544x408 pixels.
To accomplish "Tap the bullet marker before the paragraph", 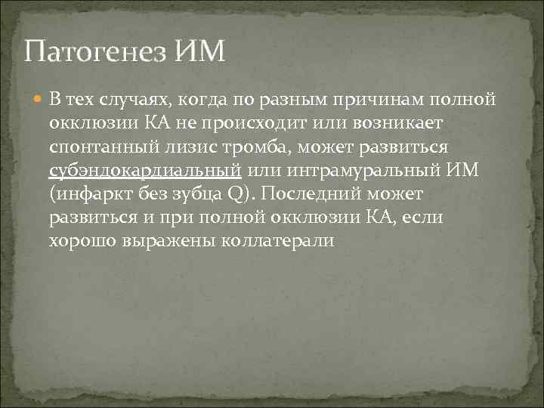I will [x=39, y=99].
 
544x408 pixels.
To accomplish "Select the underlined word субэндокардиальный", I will [x=144, y=170].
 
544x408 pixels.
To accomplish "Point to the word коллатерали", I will [x=279, y=241].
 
